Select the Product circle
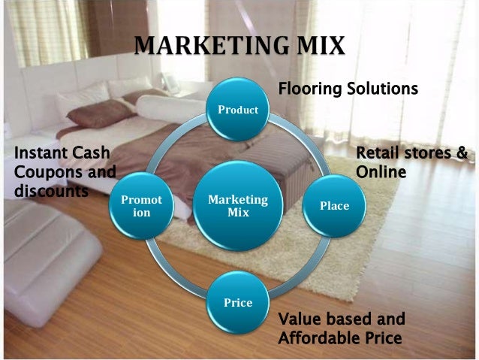[238, 110]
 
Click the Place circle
[334, 205]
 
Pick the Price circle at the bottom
[238, 303]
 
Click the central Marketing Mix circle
[238, 206]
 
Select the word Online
[381, 172]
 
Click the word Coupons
[43, 172]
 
